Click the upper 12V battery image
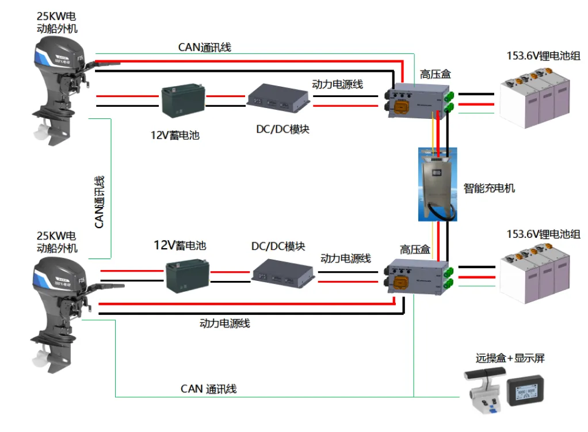tap(182, 101)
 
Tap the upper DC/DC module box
tap(278, 99)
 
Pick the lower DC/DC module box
tap(284, 272)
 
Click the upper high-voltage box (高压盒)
tap(418, 99)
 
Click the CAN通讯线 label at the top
tap(204, 48)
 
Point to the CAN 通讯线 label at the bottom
tap(208, 389)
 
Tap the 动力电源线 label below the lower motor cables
tap(224, 323)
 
